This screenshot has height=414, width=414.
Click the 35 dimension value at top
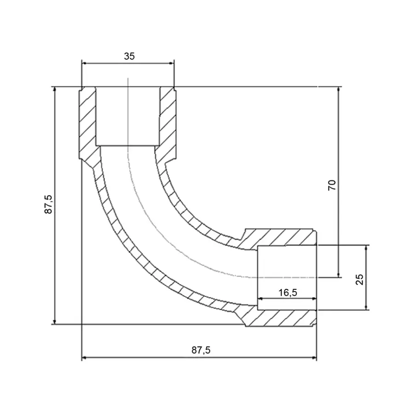129,56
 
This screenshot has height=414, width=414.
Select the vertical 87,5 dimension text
48,204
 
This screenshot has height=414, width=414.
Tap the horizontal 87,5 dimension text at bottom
201,350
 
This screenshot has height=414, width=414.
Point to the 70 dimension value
332,185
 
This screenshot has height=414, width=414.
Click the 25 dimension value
359,280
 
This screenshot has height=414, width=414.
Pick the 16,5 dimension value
288,293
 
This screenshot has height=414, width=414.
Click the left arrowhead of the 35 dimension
84,63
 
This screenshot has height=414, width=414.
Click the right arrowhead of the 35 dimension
172,63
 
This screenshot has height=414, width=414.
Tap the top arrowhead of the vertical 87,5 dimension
55,89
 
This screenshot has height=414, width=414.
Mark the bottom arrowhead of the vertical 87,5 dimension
55,322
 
